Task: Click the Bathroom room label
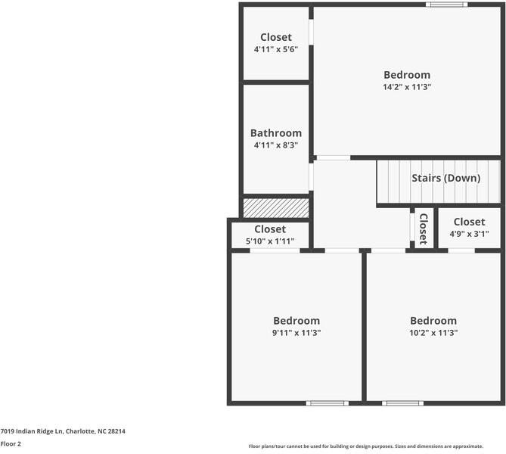coord(276,133)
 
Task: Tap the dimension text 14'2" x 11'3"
coord(407,87)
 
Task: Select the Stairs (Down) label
coord(445,179)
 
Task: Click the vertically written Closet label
coord(424,228)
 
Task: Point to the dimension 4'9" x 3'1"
coord(469,234)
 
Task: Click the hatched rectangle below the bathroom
coord(276,207)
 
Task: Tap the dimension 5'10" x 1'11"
coord(270,241)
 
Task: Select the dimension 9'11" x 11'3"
coord(296,332)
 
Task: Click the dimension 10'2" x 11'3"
coord(433,332)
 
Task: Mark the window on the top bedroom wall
coord(446,5)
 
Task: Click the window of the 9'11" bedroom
coord(327,403)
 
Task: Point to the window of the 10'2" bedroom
coord(402,403)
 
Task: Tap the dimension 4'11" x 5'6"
coord(276,49)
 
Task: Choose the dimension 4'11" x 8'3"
coord(276,145)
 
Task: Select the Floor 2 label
coord(11,444)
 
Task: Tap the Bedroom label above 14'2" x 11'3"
coord(407,75)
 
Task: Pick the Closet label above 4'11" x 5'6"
coord(276,37)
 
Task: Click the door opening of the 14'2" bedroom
coord(333,157)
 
